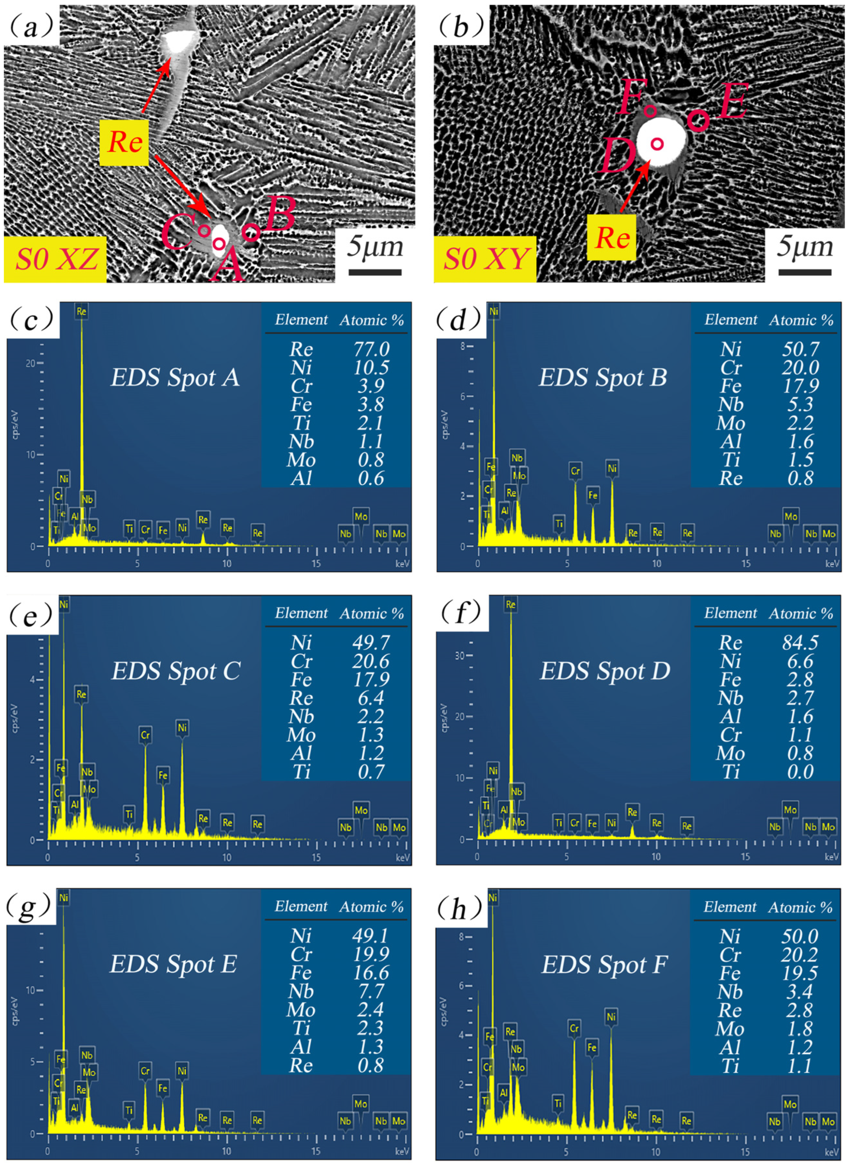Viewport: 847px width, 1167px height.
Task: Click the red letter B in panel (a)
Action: point(280,214)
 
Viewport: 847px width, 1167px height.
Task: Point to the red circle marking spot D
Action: point(657,144)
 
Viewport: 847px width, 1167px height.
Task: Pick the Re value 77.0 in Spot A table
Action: point(371,349)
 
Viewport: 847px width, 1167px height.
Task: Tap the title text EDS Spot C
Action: point(175,671)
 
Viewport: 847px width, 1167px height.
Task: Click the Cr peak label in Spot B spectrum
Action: point(575,470)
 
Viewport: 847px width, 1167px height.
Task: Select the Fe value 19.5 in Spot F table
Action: point(799,973)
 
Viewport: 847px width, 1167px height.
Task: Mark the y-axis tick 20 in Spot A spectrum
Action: point(31,363)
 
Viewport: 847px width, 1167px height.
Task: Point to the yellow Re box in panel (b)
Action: point(612,238)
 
